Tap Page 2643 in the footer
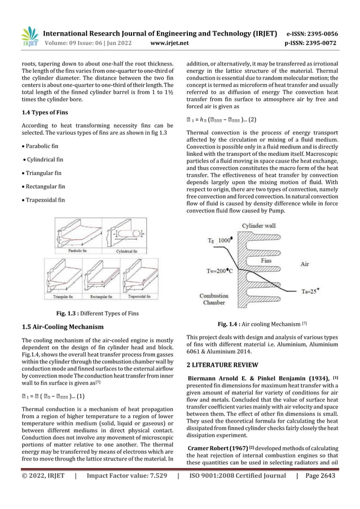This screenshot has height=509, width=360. coord(321,491)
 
